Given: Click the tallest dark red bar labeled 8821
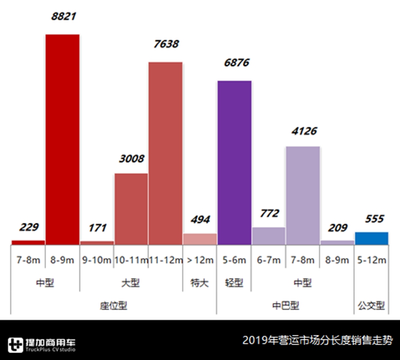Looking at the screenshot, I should pyautogui.click(x=62, y=139).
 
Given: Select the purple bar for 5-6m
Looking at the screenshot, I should pyautogui.click(x=234, y=162).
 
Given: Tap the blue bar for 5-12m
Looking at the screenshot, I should pyautogui.click(x=371, y=238).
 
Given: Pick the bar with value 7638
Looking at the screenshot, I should pyautogui.click(x=165, y=153).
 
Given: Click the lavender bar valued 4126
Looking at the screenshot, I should pyautogui.click(x=303, y=195).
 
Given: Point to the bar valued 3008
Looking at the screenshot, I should pyautogui.click(x=131, y=208).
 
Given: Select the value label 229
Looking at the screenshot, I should pyautogui.click(x=29, y=227).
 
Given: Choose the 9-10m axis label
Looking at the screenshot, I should pyautogui.click(x=97, y=260).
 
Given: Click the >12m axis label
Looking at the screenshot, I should pyautogui.click(x=200, y=260).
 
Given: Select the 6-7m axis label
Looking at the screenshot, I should pyautogui.click(x=269, y=260).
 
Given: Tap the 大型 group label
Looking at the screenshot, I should pyautogui.click(x=130, y=283).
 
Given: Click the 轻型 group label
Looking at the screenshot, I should pyautogui.click(x=234, y=283).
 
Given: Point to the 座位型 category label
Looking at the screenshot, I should pyautogui.click(x=114, y=305).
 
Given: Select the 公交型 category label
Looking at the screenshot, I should pyautogui.click(x=371, y=305).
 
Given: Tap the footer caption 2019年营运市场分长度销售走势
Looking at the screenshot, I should pyautogui.click(x=317, y=341).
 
